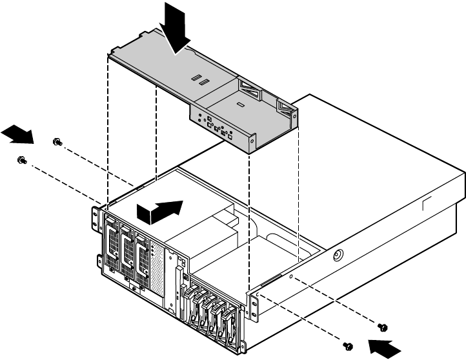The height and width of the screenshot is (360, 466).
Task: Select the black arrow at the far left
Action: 17,135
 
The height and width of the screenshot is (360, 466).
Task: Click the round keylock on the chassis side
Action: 336,255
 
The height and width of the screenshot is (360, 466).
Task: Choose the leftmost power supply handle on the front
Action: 111,248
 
